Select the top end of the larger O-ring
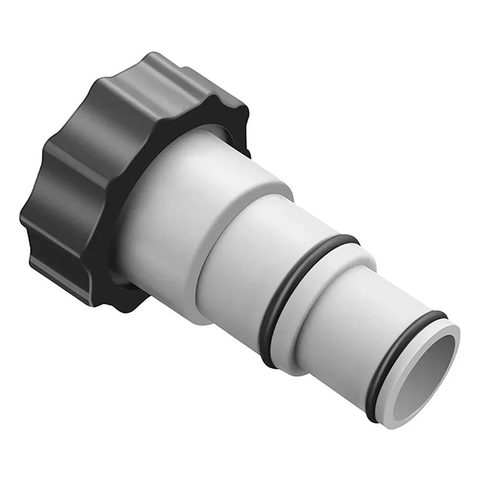[x=344, y=238]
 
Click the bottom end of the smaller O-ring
[x=373, y=417]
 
